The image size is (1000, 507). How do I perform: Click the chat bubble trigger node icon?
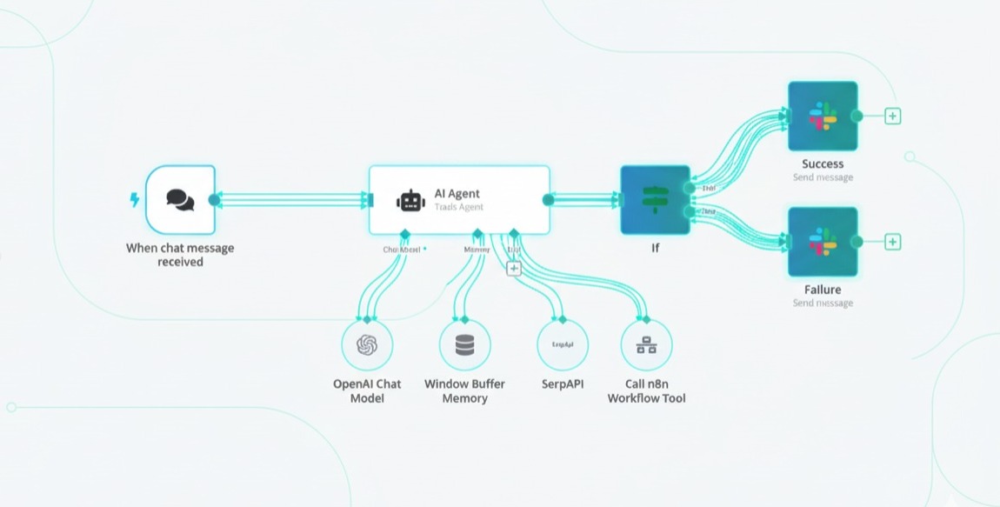pos(180,200)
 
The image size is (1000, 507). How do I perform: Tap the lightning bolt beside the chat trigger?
pos(134,200)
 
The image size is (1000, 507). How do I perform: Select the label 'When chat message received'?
pos(180,254)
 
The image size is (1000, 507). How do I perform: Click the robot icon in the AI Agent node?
pos(410,201)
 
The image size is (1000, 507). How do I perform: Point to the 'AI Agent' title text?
pos(457,194)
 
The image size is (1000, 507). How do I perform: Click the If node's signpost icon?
pos(655,200)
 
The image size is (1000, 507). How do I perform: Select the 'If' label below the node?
pos(655,248)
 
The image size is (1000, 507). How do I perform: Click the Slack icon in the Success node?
pos(822,116)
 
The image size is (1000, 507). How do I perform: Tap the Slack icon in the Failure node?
pos(822,241)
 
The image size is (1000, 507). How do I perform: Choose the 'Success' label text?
pos(823,163)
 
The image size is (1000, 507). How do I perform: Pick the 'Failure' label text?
pos(823,290)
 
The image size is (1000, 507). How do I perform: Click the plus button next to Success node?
pos(892,116)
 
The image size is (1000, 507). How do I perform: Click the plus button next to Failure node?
pos(892,242)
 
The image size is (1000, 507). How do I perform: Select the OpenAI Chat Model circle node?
pos(367,345)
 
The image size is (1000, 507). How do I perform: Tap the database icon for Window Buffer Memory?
pos(465,345)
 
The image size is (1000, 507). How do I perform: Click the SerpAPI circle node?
pos(563,345)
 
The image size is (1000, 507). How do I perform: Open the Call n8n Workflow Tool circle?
pos(646,345)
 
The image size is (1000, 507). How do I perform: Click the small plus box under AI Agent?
pos(513,269)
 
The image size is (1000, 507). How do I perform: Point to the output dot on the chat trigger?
pos(214,200)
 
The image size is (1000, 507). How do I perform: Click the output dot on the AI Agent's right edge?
pos(548,200)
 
